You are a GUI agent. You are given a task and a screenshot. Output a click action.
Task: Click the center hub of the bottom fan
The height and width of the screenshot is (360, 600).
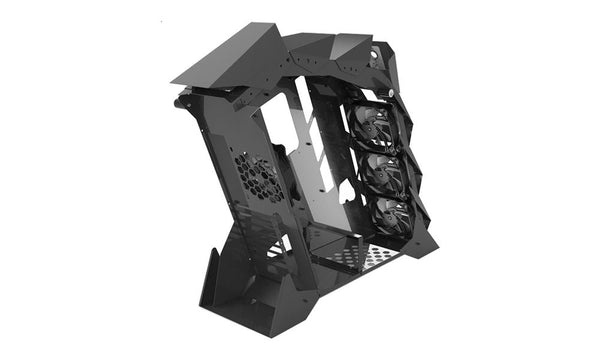click(391, 217)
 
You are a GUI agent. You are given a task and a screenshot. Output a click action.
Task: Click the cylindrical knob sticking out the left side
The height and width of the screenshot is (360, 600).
click(180, 101)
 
